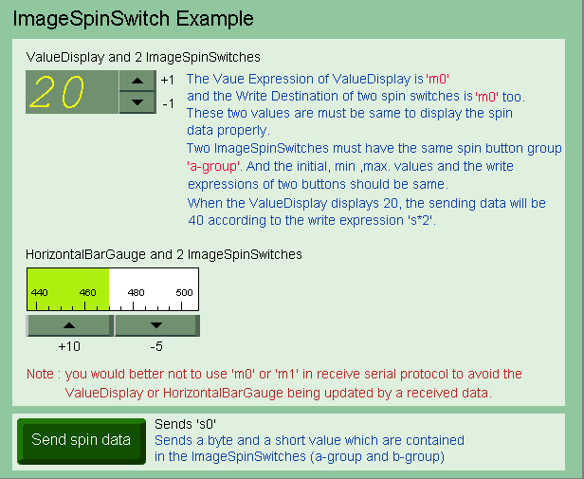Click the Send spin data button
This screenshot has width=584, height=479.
82,441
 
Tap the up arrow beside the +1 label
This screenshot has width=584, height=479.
137,81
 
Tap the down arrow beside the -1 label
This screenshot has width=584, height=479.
137,102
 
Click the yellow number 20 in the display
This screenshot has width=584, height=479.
57,92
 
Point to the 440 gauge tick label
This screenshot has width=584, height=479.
39,293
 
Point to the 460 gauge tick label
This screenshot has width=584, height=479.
87,293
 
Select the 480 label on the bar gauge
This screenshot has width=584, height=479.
136,293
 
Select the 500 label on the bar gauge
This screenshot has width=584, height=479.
184,293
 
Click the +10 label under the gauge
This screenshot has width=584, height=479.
69,346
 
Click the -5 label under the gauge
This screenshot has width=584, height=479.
156,346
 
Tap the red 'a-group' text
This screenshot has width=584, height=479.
213,166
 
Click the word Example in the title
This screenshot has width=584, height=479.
214,19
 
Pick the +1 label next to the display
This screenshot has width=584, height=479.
168,80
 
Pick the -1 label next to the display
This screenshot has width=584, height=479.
169,103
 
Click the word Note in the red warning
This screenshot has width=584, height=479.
40,374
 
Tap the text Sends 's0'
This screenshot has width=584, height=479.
185,424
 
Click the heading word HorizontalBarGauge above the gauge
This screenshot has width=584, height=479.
85,254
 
